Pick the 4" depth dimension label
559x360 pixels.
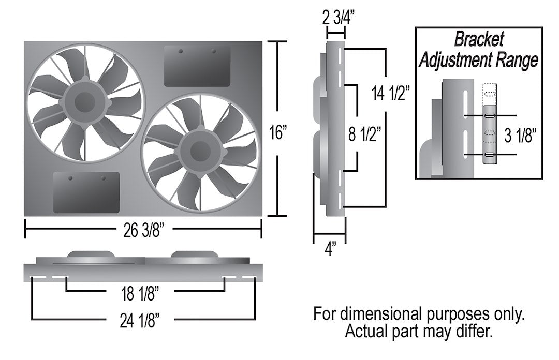tap(329, 250)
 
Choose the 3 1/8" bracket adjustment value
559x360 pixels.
tap(520, 136)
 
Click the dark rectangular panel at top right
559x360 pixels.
tap(197, 66)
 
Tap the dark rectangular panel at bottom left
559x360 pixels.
tap(86, 192)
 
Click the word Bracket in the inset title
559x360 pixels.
tap(478, 39)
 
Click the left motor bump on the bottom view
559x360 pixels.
tap(91, 254)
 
